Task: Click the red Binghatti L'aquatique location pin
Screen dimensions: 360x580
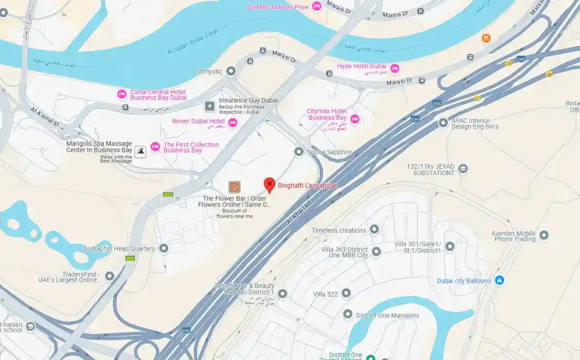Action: click(x=269, y=185)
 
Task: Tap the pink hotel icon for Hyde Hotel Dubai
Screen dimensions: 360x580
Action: click(x=395, y=69)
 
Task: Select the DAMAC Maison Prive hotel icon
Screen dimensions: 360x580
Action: click(x=317, y=7)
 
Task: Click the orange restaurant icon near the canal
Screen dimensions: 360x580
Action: click(x=486, y=38)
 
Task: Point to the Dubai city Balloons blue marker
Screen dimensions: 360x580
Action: click(x=500, y=280)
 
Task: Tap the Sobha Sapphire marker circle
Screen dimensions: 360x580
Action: click(x=299, y=152)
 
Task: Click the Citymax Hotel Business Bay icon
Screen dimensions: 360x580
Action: click(x=355, y=119)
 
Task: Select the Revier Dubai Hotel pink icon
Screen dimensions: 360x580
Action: click(x=233, y=122)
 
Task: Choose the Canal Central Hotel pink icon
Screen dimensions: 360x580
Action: click(x=122, y=94)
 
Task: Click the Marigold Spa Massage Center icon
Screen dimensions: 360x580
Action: click(x=140, y=150)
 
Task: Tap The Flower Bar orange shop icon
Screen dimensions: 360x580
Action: click(x=235, y=187)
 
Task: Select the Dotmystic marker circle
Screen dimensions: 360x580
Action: click(x=231, y=72)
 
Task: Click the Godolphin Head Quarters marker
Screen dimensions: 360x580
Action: click(x=164, y=249)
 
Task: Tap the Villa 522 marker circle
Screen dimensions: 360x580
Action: click(x=346, y=294)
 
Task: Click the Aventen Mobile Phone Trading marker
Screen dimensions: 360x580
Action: click(x=544, y=235)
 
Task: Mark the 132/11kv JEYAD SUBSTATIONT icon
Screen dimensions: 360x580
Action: click(x=463, y=169)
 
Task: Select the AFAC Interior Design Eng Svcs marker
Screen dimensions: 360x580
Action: click(x=443, y=123)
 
